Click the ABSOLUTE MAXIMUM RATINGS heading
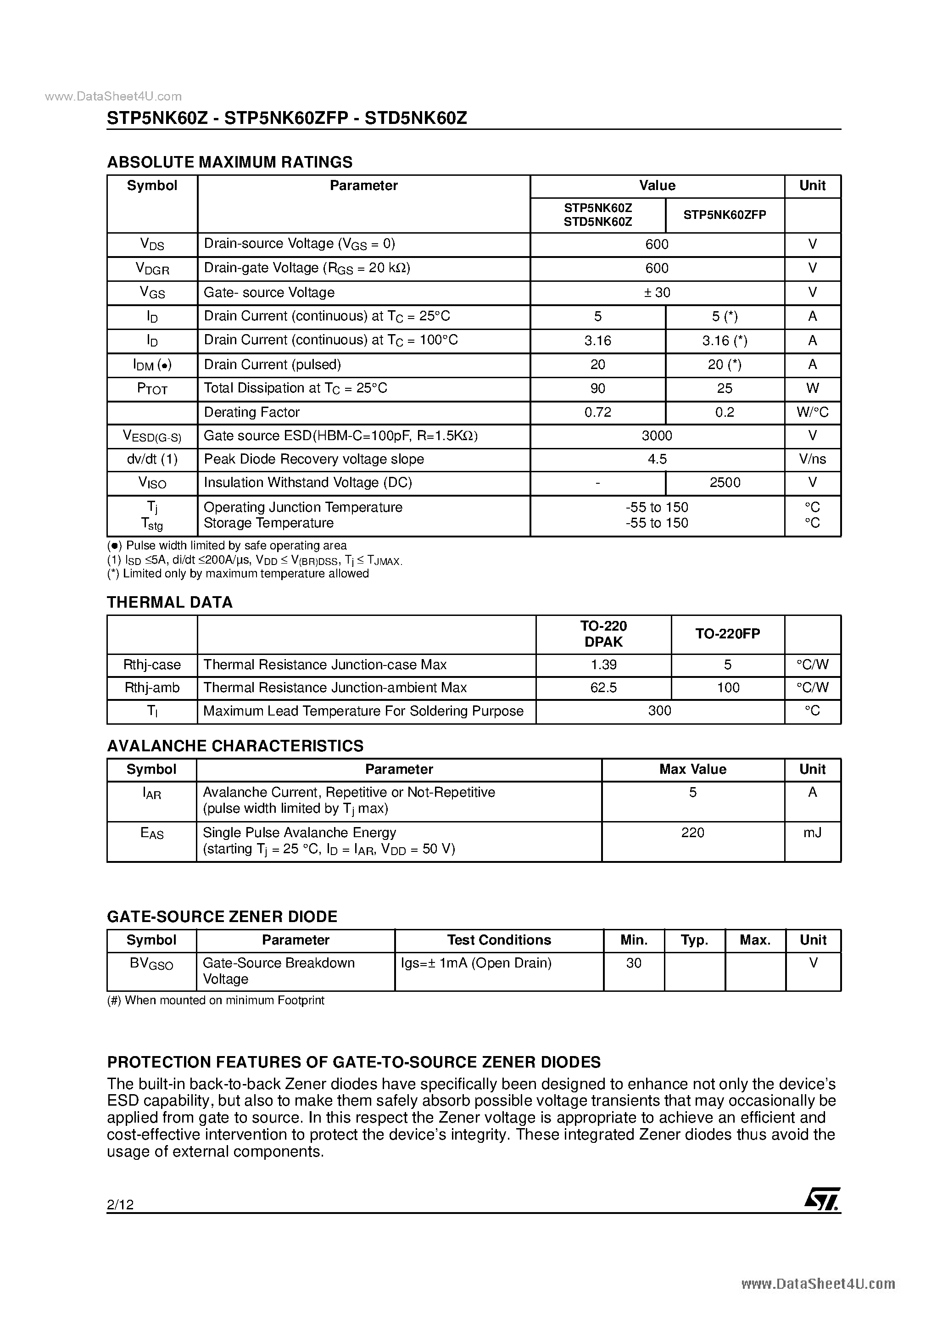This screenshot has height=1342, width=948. point(230,162)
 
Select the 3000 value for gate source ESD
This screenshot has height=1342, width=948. point(657,436)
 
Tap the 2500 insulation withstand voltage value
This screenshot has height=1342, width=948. point(725,482)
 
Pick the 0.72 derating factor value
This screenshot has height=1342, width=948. point(598,412)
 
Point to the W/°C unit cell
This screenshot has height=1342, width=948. point(812,412)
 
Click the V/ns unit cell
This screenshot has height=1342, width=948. point(812,459)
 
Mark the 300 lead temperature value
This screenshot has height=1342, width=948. point(660,711)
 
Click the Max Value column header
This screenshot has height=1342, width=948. point(692,769)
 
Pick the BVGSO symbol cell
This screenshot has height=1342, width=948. point(151,964)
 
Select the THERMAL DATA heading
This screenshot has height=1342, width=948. point(169,602)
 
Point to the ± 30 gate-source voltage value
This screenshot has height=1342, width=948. point(657,292)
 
